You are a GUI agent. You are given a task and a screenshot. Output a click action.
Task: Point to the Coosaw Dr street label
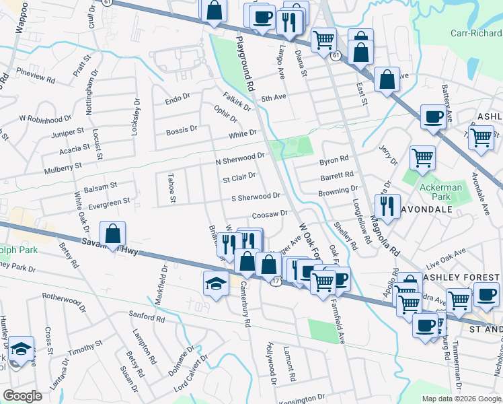point(270,214)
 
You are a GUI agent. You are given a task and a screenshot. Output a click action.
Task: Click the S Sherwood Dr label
point(256,197)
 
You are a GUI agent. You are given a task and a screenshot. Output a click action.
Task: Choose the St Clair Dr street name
point(239,178)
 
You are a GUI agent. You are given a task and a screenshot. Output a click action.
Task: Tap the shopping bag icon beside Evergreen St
point(114,234)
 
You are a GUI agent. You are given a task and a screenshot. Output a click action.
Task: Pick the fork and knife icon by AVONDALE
point(387,206)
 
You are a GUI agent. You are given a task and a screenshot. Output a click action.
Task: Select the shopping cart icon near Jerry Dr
point(422,158)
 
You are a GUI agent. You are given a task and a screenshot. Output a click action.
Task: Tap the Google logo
point(22,396)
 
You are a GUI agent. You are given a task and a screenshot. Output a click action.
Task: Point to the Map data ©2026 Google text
point(461,399)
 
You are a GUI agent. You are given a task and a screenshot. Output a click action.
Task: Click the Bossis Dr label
point(182,129)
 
